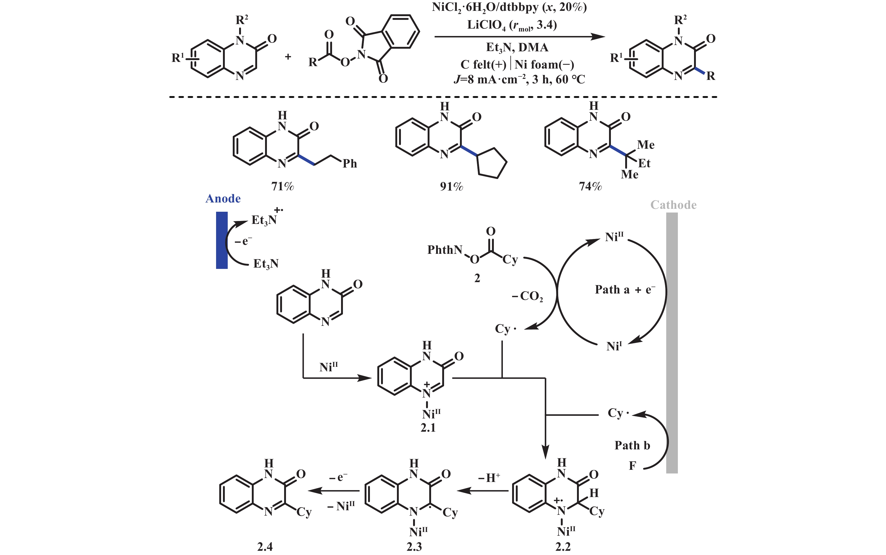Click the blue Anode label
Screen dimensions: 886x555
(x=223, y=198)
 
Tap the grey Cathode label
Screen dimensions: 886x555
(x=673, y=205)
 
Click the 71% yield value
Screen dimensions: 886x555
(x=282, y=187)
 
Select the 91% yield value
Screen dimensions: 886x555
(x=451, y=187)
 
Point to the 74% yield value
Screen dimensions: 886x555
(x=590, y=187)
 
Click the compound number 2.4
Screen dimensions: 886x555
(x=265, y=547)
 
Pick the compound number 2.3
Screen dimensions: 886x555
(x=414, y=547)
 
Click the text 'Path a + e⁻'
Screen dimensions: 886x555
(x=625, y=290)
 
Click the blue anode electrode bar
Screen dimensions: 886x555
(x=222, y=240)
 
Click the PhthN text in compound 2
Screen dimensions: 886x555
(x=445, y=250)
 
